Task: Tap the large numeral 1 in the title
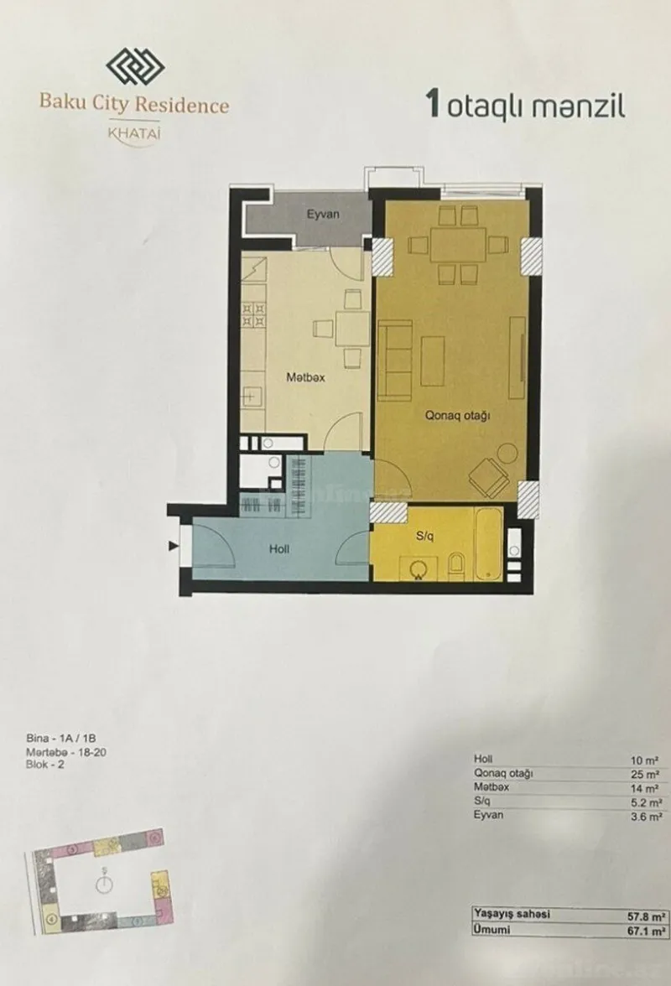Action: click(x=434, y=106)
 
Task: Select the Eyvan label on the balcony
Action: click(x=322, y=215)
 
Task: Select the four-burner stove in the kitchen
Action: click(x=253, y=314)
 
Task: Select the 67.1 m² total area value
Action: click(x=649, y=931)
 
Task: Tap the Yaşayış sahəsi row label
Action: click(x=511, y=915)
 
